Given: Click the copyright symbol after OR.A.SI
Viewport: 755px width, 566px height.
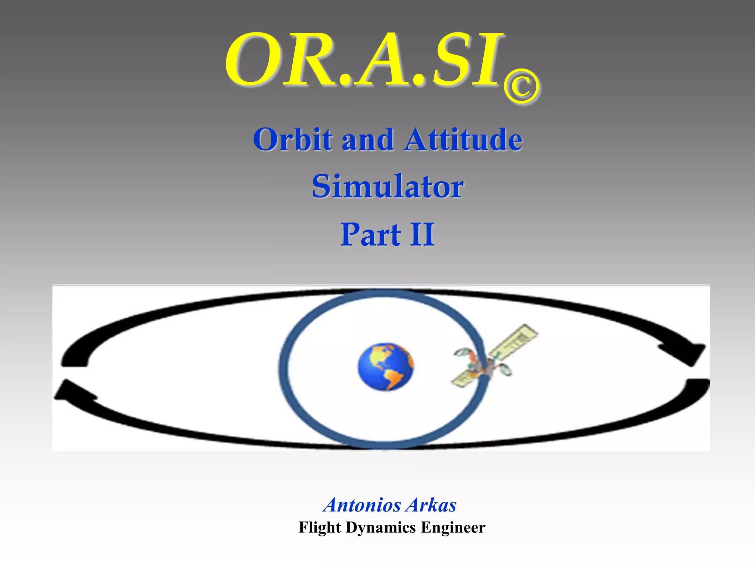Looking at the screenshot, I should point(521,87).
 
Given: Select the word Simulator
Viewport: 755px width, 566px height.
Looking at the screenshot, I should point(387,186).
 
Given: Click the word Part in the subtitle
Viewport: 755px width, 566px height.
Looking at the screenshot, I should point(370,234).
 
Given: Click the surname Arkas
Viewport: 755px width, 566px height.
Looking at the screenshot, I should point(431,505).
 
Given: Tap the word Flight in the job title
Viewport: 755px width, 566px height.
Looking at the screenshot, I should point(319,527).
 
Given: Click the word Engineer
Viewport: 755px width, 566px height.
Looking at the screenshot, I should point(453,527).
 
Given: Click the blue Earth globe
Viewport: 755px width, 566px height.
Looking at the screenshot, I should point(386,367).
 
